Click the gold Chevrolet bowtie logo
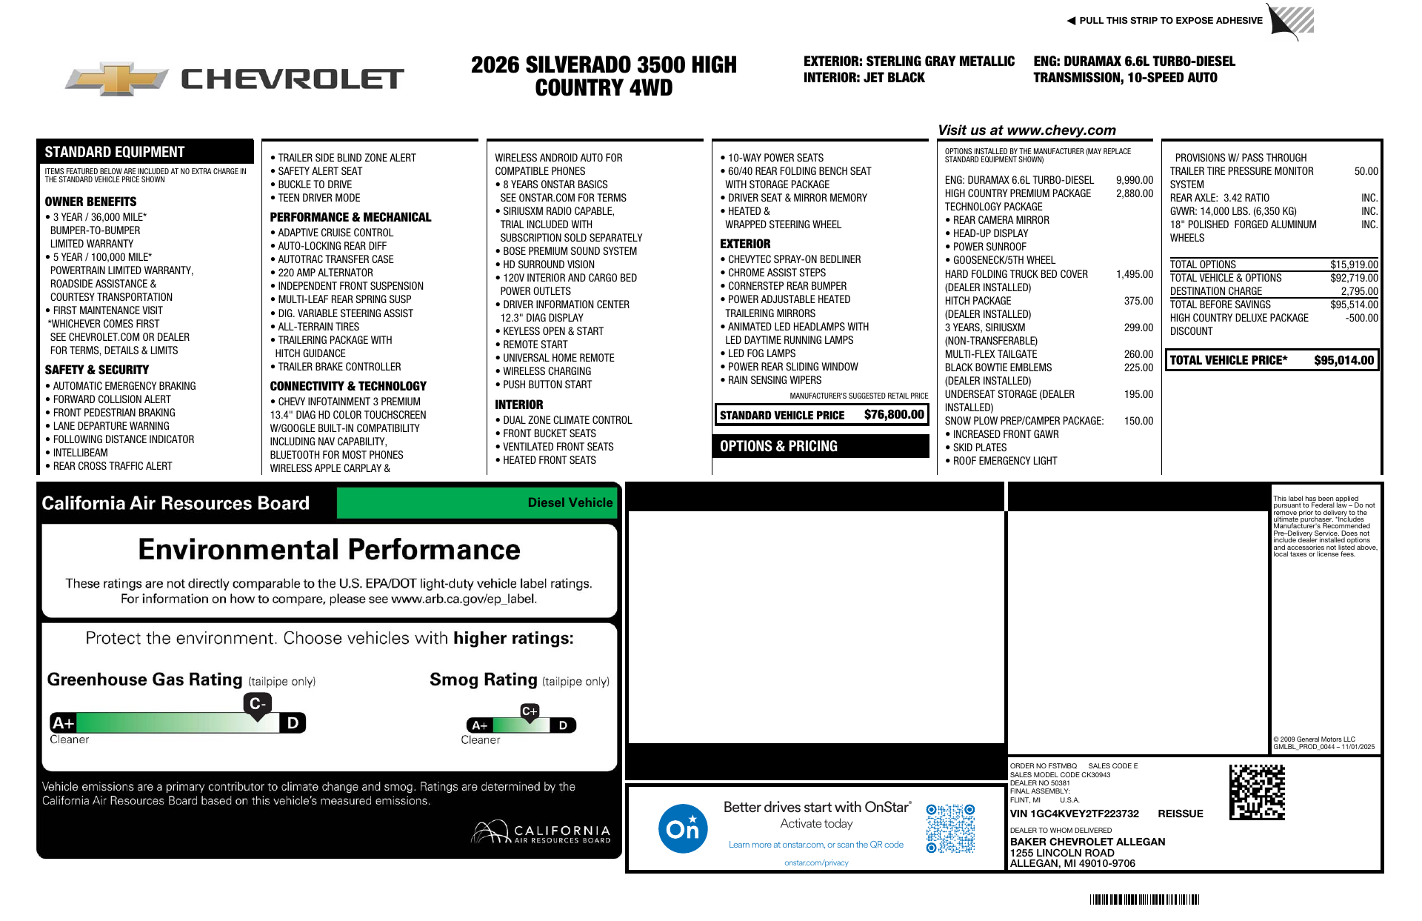coord(117,79)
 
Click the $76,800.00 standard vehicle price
coord(894,415)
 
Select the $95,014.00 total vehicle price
coord(1343,361)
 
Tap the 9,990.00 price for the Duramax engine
coord(1134,180)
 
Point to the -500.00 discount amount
coord(1361,318)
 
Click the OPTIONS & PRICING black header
coord(821,446)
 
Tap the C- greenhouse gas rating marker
coord(257,704)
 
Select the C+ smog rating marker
coord(530,711)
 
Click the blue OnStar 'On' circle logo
coord(683,828)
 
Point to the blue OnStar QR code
coord(950,828)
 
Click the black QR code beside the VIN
coord(1257,792)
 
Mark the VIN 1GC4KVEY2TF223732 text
coord(1074,814)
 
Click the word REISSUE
coord(1180,814)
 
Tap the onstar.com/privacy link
coord(816,862)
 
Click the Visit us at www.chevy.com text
coord(1027,130)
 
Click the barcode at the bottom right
coord(1144,900)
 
